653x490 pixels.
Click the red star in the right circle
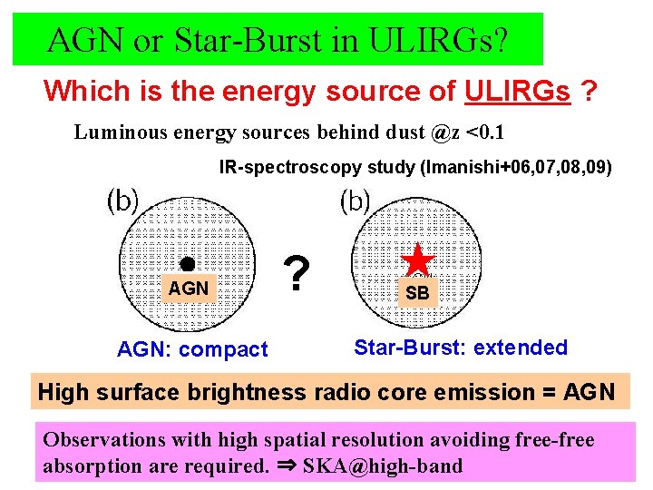pos(418,260)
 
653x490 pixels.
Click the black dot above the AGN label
pos(186,264)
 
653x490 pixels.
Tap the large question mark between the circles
pos(294,271)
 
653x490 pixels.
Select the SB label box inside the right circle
pos(417,293)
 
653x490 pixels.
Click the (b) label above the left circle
pos(123,201)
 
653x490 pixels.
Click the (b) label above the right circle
pos(355,200)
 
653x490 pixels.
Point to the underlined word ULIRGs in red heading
pos(517,91)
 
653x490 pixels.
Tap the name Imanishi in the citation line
pos(481,167)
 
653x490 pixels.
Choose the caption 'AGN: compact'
pos(192,349)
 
